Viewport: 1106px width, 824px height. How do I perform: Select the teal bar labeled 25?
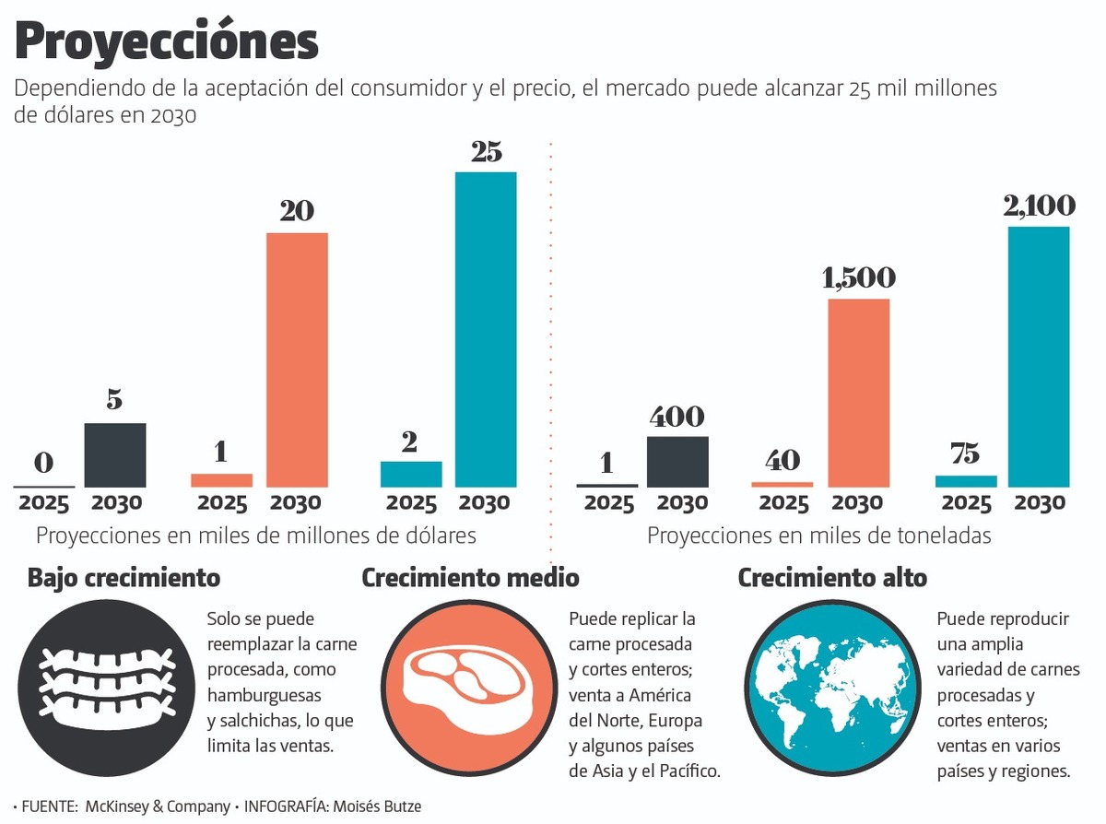pos(486,329)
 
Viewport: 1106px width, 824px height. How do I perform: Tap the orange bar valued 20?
pos(297,359)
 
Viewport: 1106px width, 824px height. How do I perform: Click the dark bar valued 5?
pos(115,454)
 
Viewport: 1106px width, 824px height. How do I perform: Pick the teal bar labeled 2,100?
pos(1039,356)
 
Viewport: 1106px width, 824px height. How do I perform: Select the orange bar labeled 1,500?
pos(859,393)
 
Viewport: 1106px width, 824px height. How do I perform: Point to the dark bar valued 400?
pos(677,461)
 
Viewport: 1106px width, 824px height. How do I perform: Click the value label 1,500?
pos(858,277)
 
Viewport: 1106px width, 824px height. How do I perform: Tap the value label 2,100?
pos(1039,206)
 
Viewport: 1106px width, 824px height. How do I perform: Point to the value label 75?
pos(966,454)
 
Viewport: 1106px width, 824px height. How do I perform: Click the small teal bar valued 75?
pos(966,481)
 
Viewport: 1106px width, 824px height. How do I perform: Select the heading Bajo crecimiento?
pos(124,578)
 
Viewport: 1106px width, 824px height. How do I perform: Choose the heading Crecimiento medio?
pos(470,578)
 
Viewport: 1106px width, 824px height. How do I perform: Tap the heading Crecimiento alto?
pos(832,578)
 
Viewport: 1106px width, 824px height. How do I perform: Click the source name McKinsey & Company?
pos(158,806)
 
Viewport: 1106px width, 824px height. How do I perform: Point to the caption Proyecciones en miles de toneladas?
pos(818,536)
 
